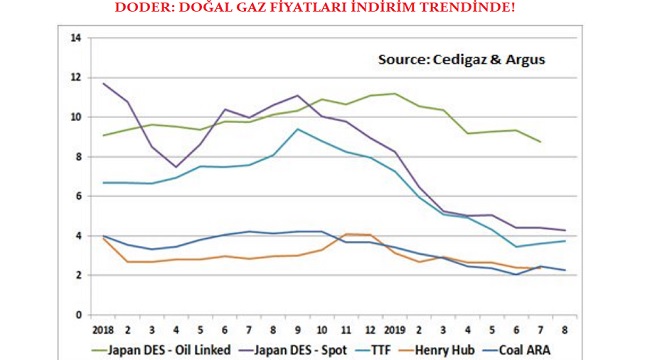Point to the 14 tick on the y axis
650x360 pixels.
coord(75,38)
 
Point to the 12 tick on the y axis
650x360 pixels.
coord(75,77)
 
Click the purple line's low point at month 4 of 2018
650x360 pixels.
coord(176,167)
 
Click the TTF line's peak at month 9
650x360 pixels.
coord(297,129)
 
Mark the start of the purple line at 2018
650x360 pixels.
coord(102,84)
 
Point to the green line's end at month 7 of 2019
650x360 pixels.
coord(541,142)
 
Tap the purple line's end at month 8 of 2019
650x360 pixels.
coord(565,231)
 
